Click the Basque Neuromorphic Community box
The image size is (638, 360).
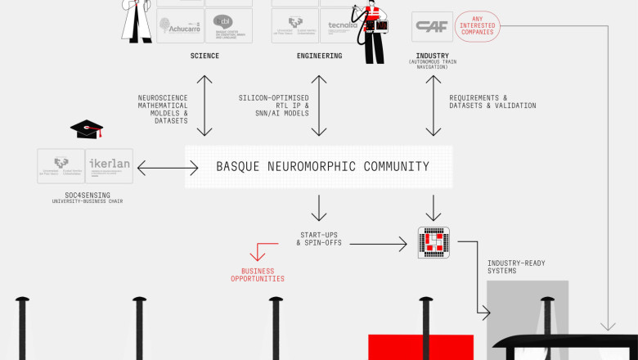tap(319, 167)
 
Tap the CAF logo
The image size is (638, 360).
tap(431, 26)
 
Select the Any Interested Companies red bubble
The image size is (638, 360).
tap(477, 26)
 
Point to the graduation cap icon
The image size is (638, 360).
tap(86, 129)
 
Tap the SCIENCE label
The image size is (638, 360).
tap(204, 56)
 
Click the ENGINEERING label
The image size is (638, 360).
tap(319, 56)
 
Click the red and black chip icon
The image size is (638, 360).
tap(434, 243)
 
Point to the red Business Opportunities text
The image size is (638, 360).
tap(257, 275)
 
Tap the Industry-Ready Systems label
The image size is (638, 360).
tap(515, 267)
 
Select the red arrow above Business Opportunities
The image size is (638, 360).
tap(263, 250)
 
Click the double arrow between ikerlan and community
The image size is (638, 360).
tap(168, 168)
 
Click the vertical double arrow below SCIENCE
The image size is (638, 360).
tap(204, 105)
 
